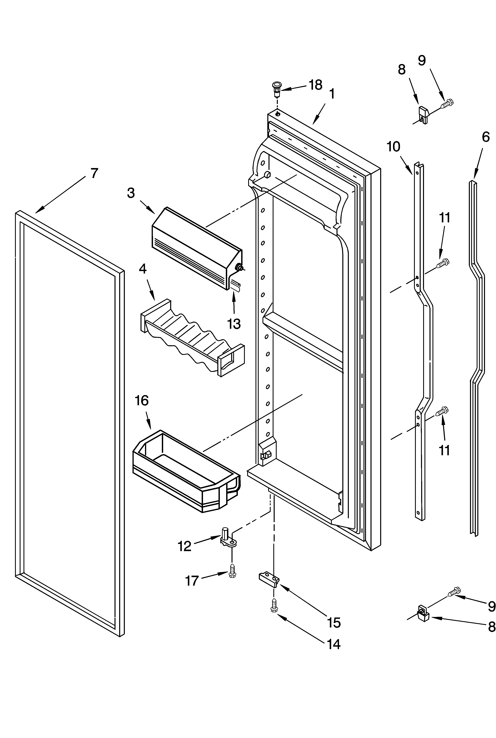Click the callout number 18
[x=315, y=85]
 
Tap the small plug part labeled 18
[x=277, y=89]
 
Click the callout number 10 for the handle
[x=393, y=147]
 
